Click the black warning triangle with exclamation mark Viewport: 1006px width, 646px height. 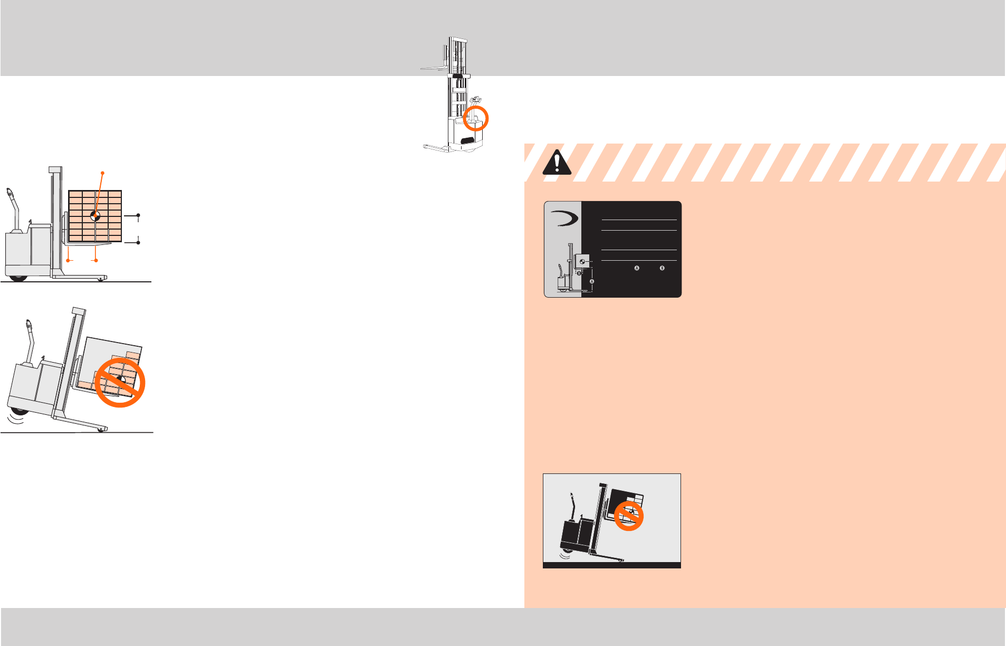[x=557, y=162]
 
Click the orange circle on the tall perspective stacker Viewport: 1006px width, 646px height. [x=475, y=118]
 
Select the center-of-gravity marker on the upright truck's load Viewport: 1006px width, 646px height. [x=95, y=215]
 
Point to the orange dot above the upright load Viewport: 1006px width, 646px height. [x=102, y=173]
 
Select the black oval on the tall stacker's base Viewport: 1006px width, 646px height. [x=467, y=140]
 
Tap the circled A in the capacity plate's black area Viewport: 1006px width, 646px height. [x=637, y=268]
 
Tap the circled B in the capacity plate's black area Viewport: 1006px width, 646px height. [x=662, y=268]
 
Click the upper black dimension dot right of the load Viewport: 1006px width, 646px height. [x=138, y=215]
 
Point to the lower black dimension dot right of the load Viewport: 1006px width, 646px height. [x=138, y=242]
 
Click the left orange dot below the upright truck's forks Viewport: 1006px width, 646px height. [x=69, y=260]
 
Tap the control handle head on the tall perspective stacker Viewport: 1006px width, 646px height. [x=477, y=99]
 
